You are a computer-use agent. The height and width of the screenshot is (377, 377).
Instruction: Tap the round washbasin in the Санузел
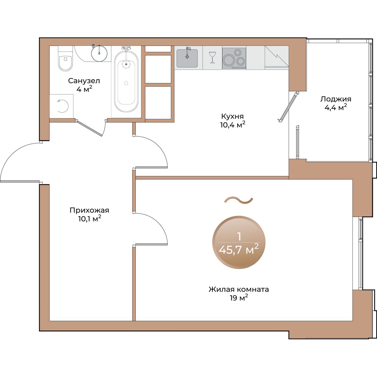click(99, 53)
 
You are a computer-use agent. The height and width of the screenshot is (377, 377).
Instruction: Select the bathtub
click(126, 80)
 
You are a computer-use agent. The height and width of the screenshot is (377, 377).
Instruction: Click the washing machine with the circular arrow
click(61, 106)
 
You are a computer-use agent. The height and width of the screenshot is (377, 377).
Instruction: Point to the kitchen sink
click(187, 58)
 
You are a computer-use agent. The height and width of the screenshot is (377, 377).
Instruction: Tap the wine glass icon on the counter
click(212, 57)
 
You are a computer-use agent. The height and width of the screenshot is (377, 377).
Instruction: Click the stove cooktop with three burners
click(234, 58)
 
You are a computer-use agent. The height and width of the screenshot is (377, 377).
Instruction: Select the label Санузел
click(84, 81)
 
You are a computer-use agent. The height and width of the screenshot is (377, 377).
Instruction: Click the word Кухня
click(232, 117)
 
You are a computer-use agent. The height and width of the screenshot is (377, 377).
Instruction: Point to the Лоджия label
click(336, 99)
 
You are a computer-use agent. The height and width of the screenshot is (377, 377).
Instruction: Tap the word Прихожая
click(90, 210)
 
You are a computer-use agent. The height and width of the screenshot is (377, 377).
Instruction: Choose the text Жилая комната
click(239, 289)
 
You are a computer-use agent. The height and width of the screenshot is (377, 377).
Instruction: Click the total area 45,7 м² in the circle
click(239, 250)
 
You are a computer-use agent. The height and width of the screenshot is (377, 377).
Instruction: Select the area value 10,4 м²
click(233, 125)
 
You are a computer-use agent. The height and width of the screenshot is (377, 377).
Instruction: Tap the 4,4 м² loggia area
click(336, 107)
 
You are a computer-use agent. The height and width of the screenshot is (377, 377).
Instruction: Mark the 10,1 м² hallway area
click(90, 219)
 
